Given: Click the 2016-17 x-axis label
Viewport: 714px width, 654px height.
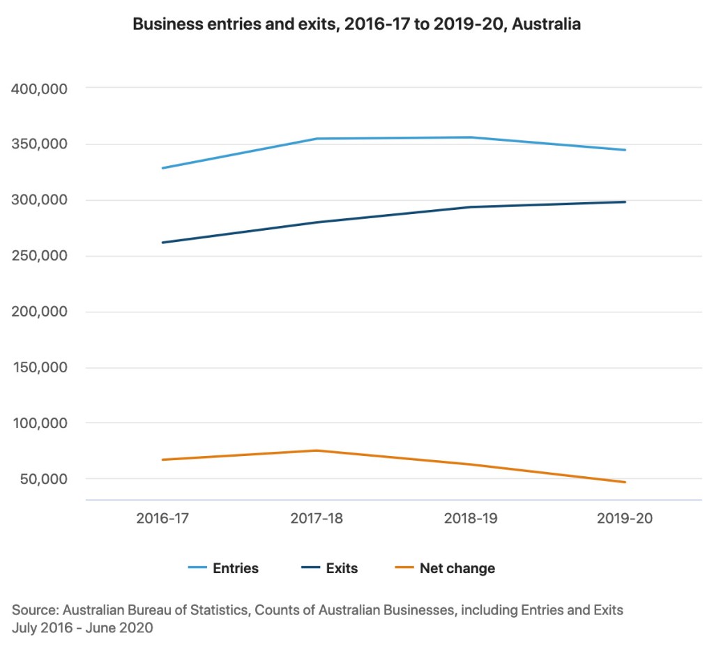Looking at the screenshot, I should coord(162,519).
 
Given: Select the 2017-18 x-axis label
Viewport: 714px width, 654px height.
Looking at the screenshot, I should coord(317,519).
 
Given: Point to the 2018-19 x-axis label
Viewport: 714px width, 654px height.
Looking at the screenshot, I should coord(471,519).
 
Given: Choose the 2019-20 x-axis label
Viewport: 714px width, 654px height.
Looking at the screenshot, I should coord(625,519).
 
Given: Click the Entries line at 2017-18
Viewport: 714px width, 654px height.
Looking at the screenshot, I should coord(317,139).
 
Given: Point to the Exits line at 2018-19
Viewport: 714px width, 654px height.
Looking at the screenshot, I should coord(471,207).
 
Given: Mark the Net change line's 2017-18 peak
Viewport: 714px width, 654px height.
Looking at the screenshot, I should coord(317,450).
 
